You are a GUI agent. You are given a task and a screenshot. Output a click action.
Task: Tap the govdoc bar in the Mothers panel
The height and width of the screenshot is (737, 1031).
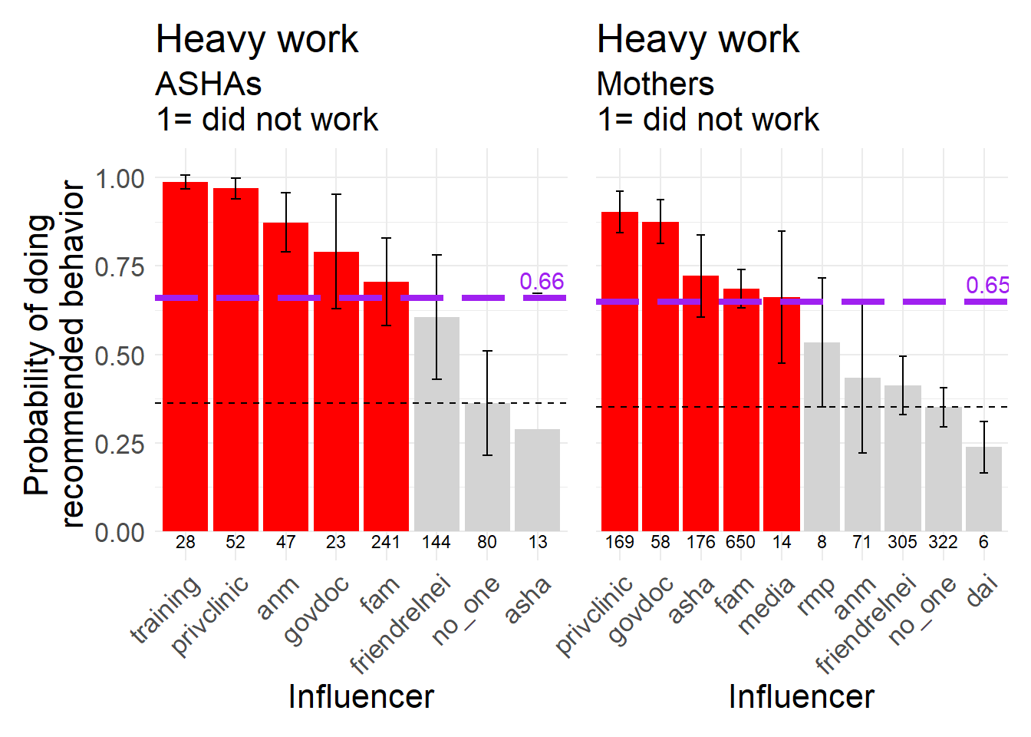660,376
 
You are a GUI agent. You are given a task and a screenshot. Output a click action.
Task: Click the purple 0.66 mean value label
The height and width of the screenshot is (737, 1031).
542,282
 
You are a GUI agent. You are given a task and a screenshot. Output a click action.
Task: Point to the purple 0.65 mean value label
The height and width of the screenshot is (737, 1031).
987,286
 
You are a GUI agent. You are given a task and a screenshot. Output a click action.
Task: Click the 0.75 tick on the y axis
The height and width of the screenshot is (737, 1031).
120,267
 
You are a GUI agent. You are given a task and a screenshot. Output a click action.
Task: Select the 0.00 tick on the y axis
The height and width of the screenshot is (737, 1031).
120,532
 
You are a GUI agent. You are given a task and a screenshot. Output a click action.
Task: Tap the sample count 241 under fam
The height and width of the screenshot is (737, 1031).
386,542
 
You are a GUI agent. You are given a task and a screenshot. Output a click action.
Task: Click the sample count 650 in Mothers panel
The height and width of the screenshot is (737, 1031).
740,542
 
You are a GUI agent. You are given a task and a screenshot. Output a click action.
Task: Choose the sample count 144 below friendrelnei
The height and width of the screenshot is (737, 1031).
436,542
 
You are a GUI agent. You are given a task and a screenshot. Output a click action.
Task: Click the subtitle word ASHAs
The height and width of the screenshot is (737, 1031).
209,84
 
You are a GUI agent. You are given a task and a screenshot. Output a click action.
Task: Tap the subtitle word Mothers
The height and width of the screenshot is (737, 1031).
655,84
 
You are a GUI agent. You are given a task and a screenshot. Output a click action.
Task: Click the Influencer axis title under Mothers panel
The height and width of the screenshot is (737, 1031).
801,696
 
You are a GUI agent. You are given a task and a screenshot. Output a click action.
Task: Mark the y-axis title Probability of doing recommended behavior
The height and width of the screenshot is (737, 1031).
54,355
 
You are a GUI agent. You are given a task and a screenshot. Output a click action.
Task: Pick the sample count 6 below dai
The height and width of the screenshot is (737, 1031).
983,542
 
